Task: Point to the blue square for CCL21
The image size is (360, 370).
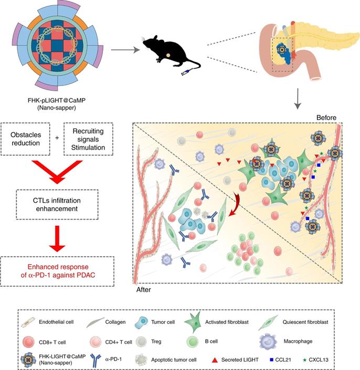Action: tap(272, 359)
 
